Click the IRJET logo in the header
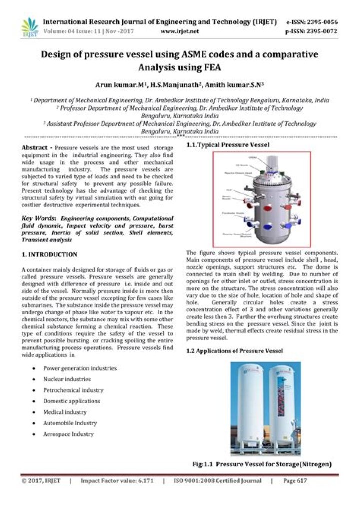pyautogui.click(x=29, y=27)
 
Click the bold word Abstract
pyautogui.click(x=34, y=148)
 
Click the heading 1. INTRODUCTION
pyautogui.click(x=49, y=254)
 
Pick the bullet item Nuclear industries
pyautogui.click(x=67, y=379)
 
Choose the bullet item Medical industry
pyautogui.click(x=65, y=412)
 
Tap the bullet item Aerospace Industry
pyautogui.click(x=68, y=434)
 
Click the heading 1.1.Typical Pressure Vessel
pyautogui.click(x=228, y=144)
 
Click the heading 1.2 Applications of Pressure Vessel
pyautogui.click(x=234, y=351)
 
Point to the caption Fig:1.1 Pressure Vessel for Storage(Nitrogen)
pyautogui.click(x=262, y=464)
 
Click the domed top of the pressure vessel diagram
pyautogui.click(x=260, y=177)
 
